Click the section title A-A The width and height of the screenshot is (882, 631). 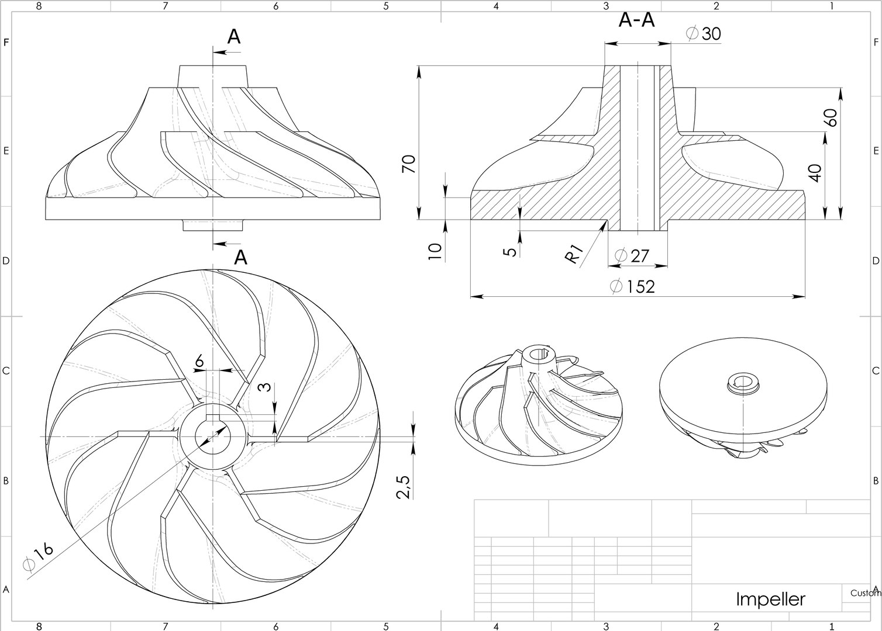636,20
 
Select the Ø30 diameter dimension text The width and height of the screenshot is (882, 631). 704,34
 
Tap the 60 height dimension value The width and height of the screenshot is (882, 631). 831,117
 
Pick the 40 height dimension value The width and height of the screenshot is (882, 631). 815,173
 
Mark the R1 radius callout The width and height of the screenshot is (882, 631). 576,255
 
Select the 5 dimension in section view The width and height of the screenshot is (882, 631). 510,252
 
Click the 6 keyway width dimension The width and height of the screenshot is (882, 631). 199,362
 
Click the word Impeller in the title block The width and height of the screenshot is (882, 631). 770,599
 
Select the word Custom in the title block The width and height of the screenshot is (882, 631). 865,592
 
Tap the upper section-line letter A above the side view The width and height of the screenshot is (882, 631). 233,37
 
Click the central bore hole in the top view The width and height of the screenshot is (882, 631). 213,436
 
